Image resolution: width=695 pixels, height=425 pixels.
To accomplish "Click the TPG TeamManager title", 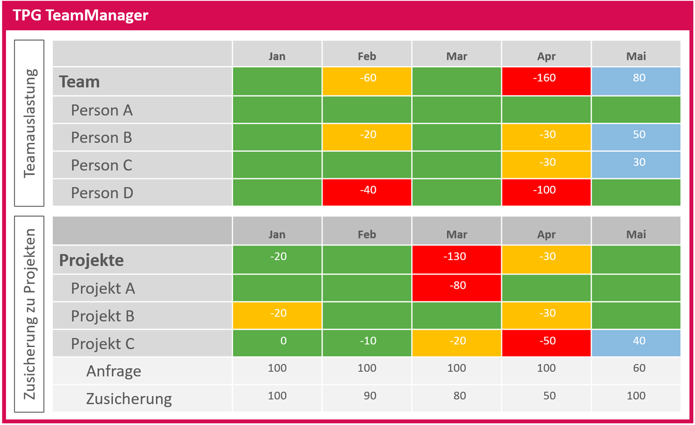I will tap(80, 15).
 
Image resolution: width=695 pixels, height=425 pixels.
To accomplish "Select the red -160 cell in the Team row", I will tap(546, 81).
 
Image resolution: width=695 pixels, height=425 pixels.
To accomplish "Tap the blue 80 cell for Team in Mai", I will tap(636, 81).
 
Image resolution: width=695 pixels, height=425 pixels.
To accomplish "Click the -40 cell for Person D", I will tap(366, 192).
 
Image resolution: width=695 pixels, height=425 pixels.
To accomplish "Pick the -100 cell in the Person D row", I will tap(546, 192).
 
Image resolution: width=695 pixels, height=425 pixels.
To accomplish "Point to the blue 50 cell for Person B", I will tap(636, 137).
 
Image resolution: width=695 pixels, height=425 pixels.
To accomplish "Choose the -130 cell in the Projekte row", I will tap(456, 259).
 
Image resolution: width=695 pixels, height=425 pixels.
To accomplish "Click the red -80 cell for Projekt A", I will tap(456, 288).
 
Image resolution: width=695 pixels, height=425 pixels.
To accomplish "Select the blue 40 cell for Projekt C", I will tap(636, 343).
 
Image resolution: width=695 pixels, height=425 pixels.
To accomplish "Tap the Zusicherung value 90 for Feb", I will tap(369, 396).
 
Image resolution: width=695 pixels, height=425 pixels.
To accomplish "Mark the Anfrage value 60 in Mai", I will tap(639, 368).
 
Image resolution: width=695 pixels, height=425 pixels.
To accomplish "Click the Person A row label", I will tap(101, 110).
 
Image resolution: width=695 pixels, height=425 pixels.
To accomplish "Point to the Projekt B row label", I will tap(102, 316).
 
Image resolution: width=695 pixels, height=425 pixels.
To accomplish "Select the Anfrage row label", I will tap(114, 371).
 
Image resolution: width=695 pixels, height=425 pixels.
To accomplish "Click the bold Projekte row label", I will tap(91, 260).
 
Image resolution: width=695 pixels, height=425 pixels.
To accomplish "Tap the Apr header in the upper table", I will tap(546, 56).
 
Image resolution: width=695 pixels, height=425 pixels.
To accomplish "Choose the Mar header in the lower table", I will tap(456, 234).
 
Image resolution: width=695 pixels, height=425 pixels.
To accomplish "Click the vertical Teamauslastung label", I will tap(29, 123).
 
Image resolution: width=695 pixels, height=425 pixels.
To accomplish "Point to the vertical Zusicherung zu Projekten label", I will tap(29, 314).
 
